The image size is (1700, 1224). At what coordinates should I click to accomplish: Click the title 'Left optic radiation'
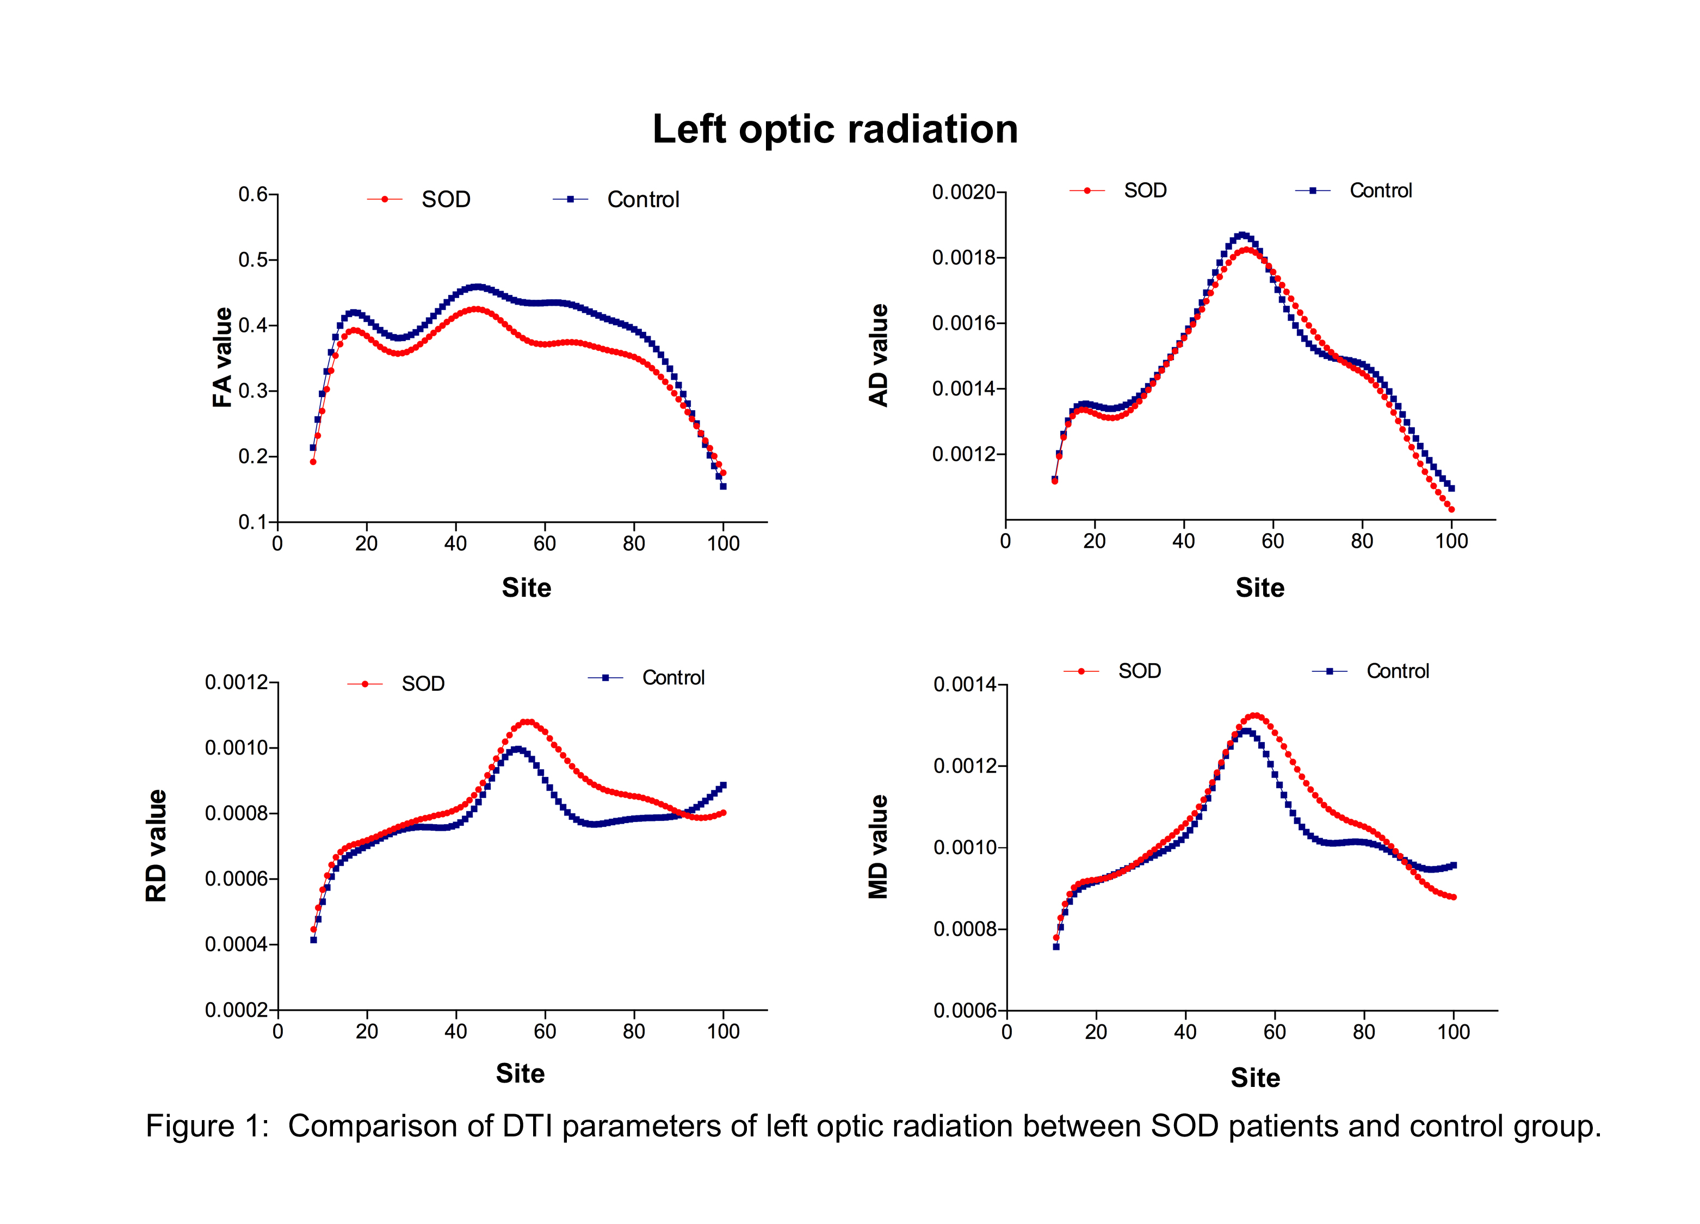click(834, 129)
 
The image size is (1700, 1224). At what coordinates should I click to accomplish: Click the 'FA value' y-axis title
click(222, 357)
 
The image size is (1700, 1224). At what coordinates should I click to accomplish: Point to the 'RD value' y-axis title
click(156, 845)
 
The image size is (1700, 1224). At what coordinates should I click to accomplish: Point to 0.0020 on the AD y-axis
click(963, 193)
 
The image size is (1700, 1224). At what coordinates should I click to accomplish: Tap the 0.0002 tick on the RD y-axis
click(236, 1010)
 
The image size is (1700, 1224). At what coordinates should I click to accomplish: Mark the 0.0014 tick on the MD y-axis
click(965, 684)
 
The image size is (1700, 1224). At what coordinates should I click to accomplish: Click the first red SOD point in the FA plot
click(313, 462)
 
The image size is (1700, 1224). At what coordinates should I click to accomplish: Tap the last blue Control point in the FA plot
click(724, 486)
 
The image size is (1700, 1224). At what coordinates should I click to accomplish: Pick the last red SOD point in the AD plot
click(1452, 510)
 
